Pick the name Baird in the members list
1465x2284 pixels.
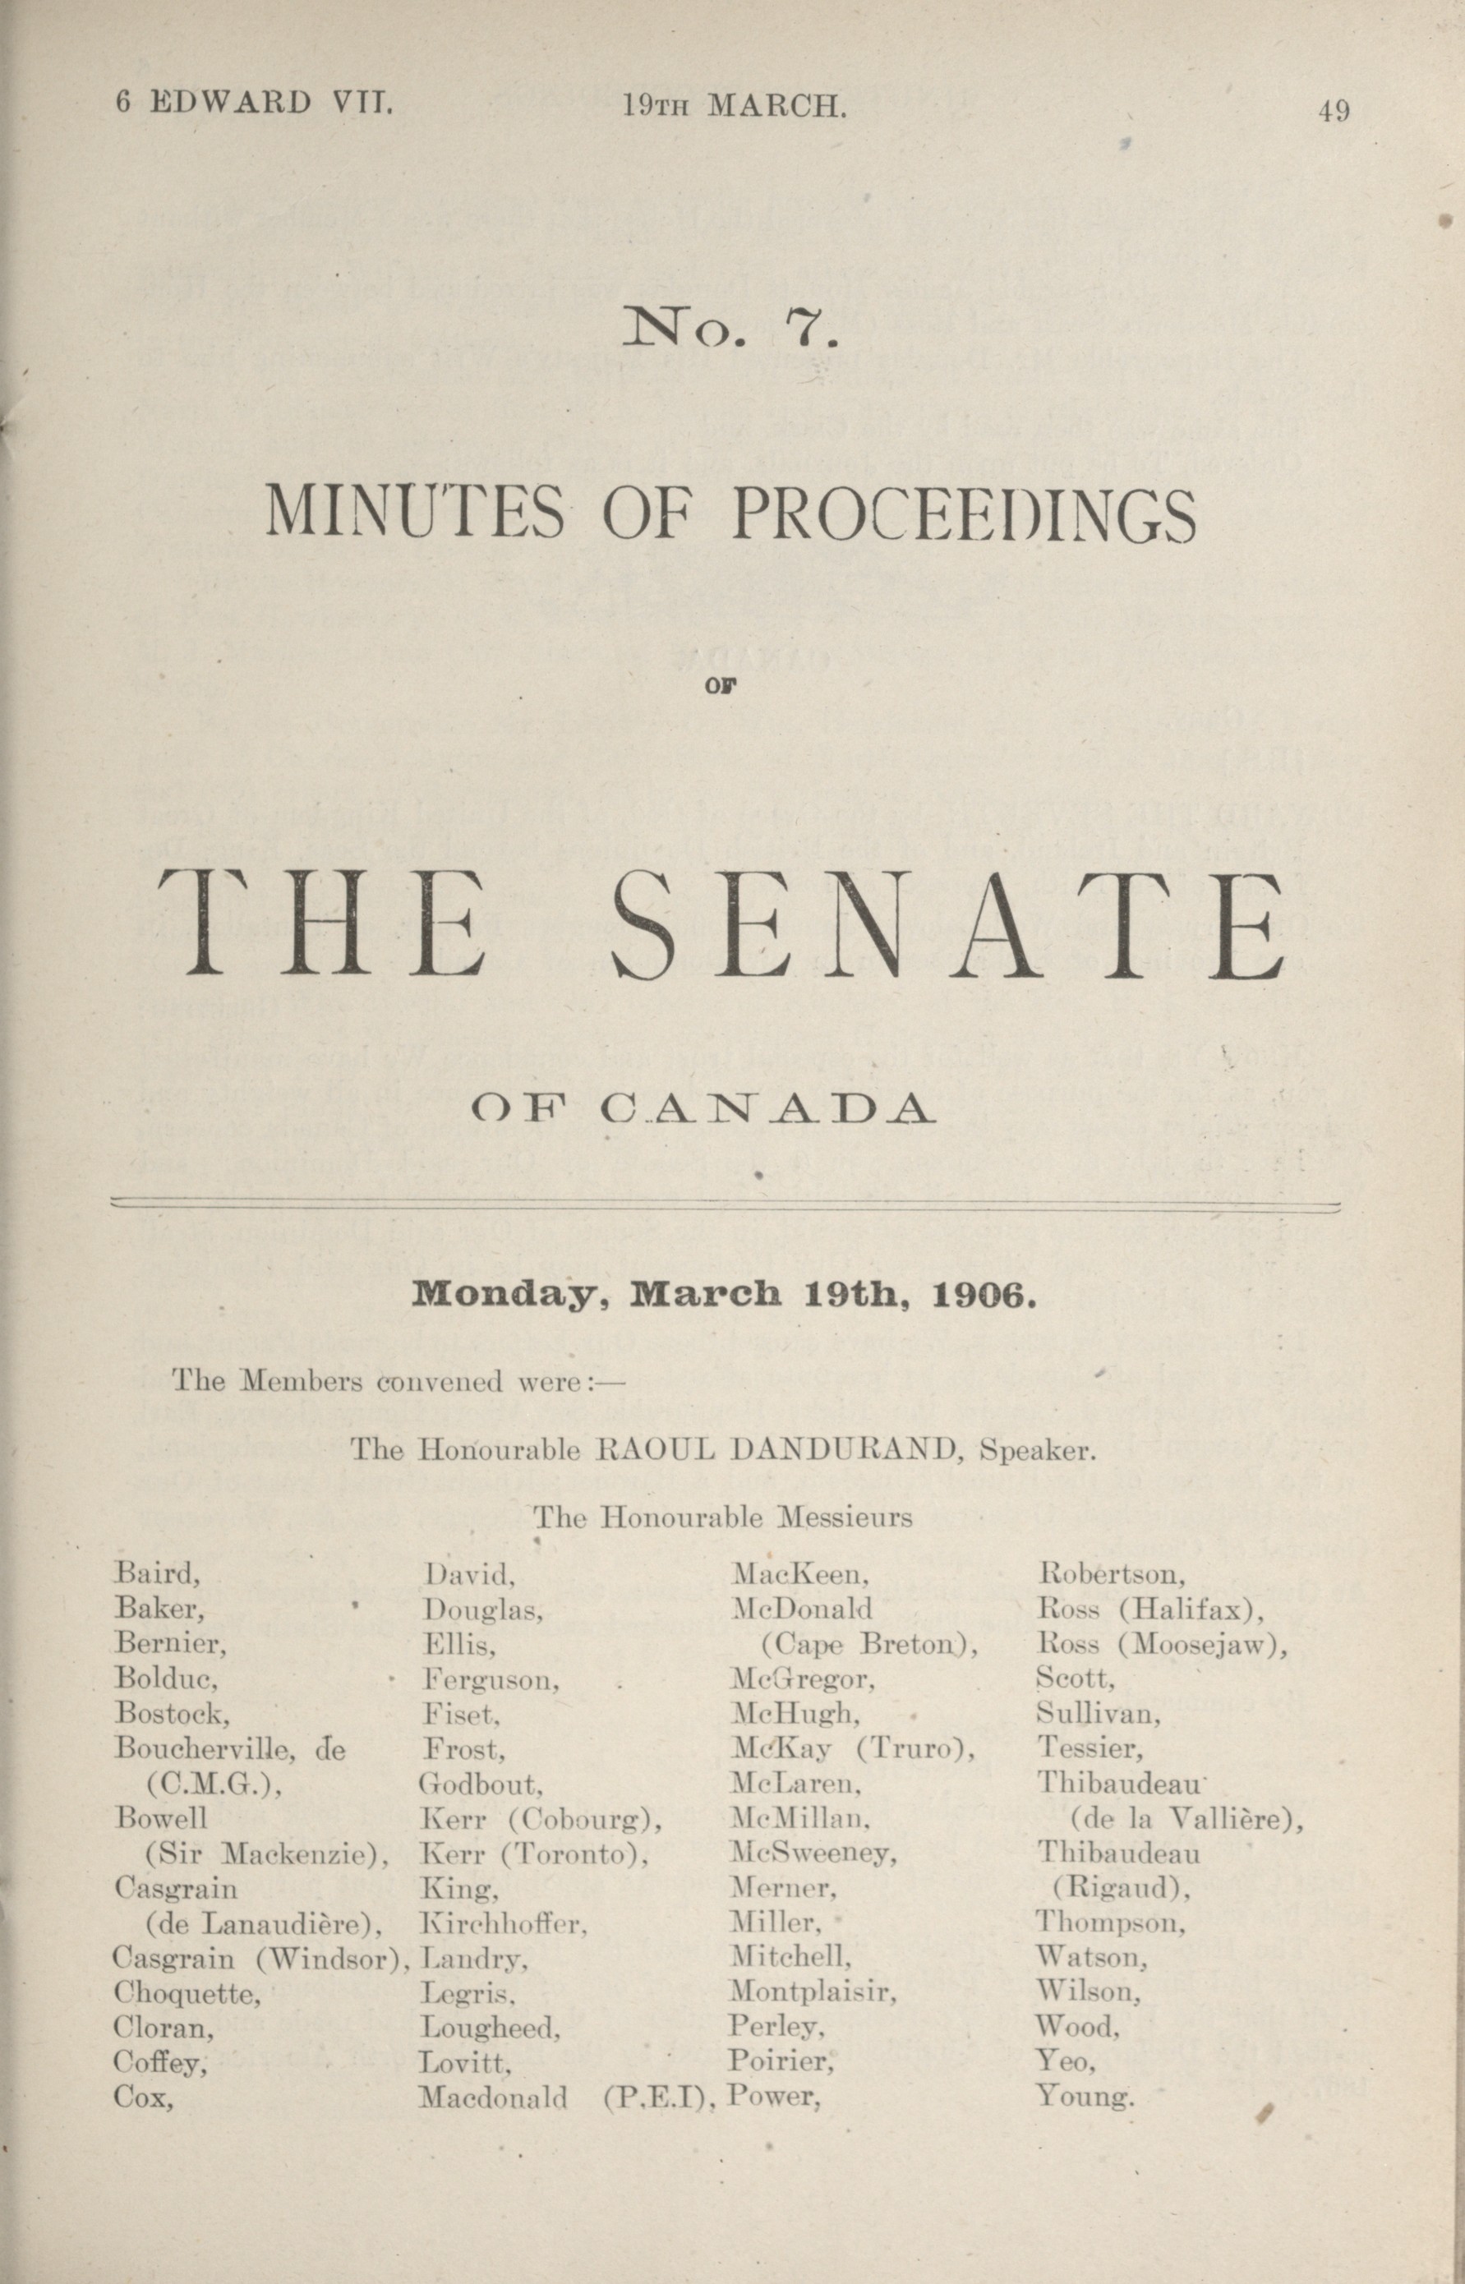coord(157,1575)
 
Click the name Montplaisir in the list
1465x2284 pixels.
coord(813,1992)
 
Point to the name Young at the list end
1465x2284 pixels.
coord(1085,2097)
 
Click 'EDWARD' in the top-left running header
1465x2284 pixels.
coord(230,102)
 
